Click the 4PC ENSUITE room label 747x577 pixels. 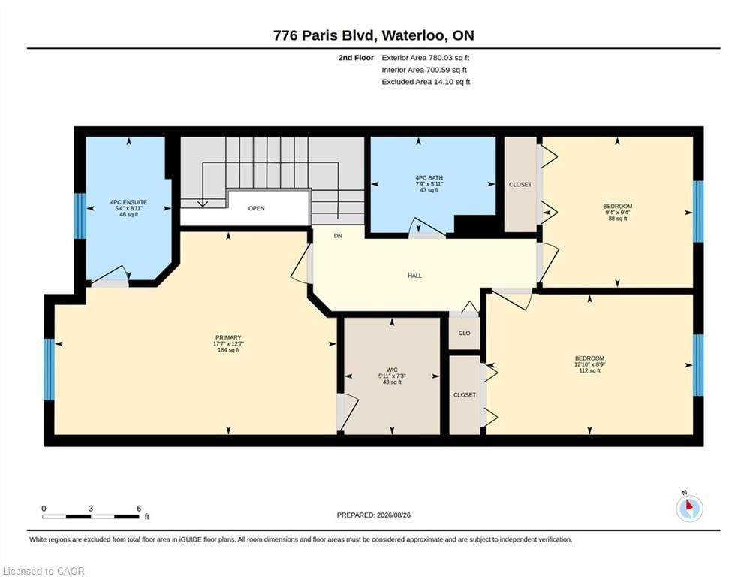point(128,202)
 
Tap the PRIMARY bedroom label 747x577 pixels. point(228,337)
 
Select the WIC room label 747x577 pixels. point(392,370)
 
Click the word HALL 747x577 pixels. point(414,276)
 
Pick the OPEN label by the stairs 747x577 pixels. point(256,208)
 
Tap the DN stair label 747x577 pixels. point(338,236)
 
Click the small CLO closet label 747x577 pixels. point(465,334)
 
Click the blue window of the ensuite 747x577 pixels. point(80,216)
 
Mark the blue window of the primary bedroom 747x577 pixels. point(49,370)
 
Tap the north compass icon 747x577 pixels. point(689,509)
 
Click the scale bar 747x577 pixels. point(91,516)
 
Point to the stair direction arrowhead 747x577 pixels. point(203,203)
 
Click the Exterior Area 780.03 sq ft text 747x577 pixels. point(426,58)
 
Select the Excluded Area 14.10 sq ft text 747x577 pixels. point(426,82)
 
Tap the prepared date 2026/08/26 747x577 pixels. point(393,515)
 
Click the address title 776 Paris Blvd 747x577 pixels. point(326,36)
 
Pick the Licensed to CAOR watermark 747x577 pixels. point(44,571)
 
